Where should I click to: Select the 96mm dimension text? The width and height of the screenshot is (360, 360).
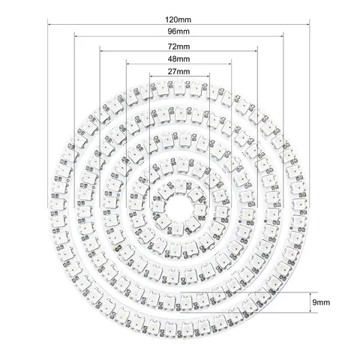[x=179, y=33]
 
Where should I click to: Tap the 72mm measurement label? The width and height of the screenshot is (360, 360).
[x=179, y=46]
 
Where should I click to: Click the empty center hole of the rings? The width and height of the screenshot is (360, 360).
[x=180, y=202]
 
